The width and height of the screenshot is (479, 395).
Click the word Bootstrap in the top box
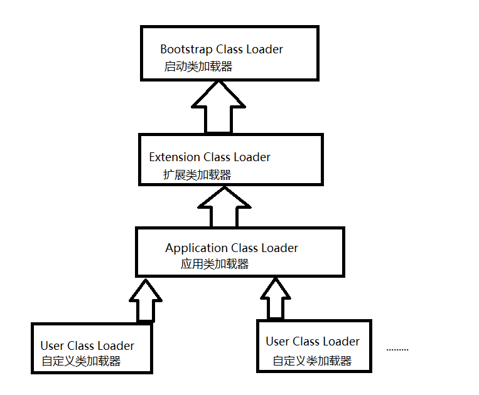pyautogui.click(x=186, y=50)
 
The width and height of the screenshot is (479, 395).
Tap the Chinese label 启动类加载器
pyautogui.click(x=198, y=66)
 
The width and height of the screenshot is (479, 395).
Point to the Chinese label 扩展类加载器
pyautogui.click(x=197, y=175)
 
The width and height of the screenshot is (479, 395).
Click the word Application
pyautogui.click(x=196, y=248)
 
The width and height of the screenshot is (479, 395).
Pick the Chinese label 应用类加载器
pyautogui.click(x=215, y=264)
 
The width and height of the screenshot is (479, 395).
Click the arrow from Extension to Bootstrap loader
pyautogui.click(x=218, y=107)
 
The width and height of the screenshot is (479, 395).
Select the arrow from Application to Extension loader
pyautogui.click(x=225, y=207)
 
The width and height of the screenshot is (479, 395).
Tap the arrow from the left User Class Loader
pyautogui.click(x=146, y=300)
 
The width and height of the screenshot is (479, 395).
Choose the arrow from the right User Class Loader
pyautogui.click(x=276, y=298)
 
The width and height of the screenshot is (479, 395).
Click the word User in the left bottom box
pyautogui.click(x=52, y=346)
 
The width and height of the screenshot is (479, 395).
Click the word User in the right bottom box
pyautogui.click(x=277, y=342)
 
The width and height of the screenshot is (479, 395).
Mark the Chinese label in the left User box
pyautogui.click(x=81, y=361)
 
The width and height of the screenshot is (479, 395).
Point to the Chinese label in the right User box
pyautogui.click(x=312, y=361)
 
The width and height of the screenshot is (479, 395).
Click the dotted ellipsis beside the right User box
pyautogui.click(x=397, y=350)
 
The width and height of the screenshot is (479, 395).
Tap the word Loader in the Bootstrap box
pyautogui.click(x=264, y=50)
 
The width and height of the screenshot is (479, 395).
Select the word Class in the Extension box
pyautogui.click(x=217, y=157)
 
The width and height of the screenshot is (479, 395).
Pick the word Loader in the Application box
pyautogui.click(x=279, y=248)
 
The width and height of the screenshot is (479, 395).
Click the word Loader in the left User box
pyautogui.click(x=116, y=346)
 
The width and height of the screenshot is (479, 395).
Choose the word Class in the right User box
pyautogui.click(x=306, y=342)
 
